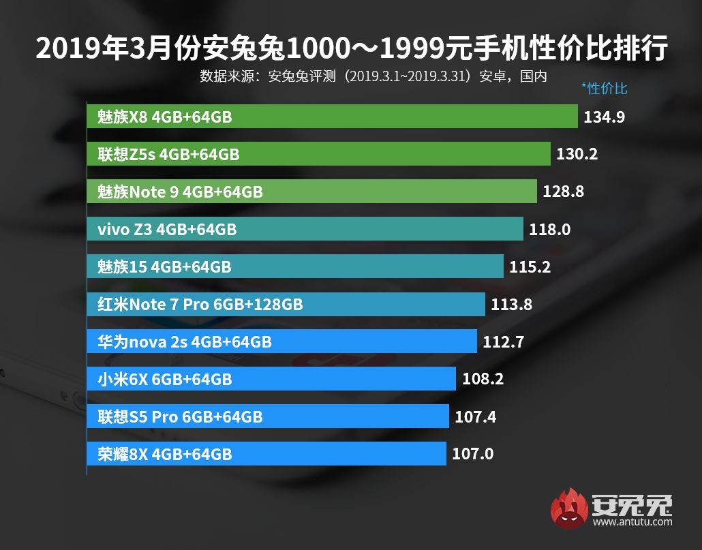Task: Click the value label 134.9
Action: tap(605, 117)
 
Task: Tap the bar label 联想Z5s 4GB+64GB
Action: tap(164, 155)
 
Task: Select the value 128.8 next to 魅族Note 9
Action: tap(563, 192)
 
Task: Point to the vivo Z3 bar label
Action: tap(162, 230)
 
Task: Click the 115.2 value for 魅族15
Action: tap(530, 267)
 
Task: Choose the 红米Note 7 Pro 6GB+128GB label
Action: tap(196, 305)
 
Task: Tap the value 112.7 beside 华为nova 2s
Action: tap(503, 342)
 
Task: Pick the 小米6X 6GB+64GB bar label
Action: tap(160, 380)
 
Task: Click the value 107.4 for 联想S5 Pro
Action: tap(475, 416)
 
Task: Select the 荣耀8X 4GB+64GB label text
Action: tap(160, 454)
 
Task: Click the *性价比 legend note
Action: tap(604, 89)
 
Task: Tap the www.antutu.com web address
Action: tap(632, 522)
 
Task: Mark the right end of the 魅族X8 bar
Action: tap(576, 117)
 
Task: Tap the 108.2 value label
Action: tap(483, 380)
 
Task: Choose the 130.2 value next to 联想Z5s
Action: tap(577, 155)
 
